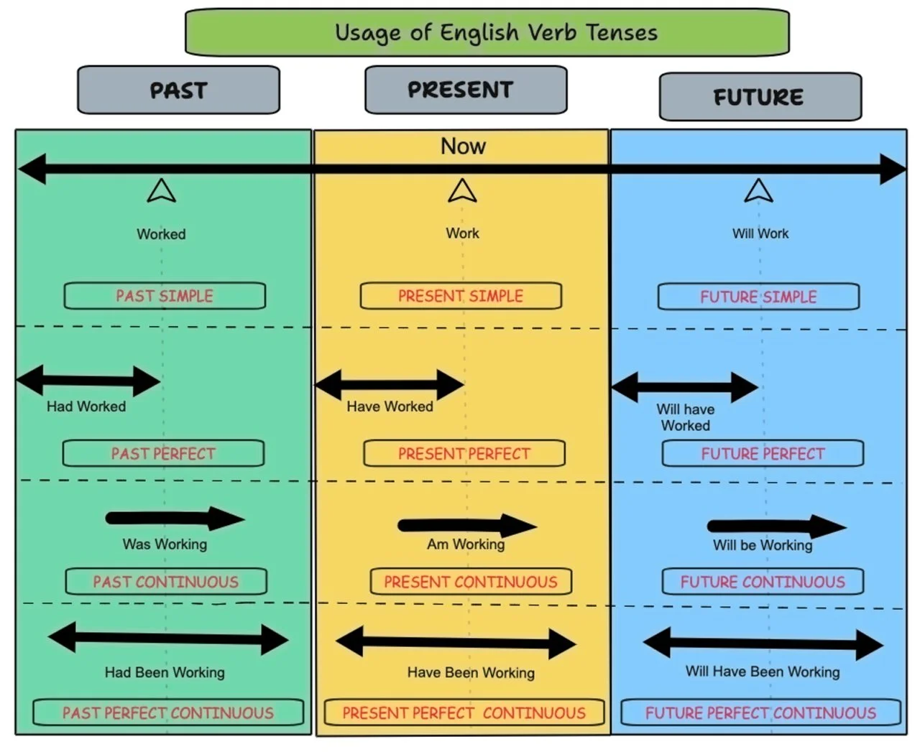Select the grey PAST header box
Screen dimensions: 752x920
178,90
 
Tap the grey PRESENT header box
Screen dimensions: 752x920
465,90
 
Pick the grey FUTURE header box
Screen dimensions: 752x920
760,96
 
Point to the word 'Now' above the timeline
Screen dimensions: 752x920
463,147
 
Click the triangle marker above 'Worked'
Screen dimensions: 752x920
161,191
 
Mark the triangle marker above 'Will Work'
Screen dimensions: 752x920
758,191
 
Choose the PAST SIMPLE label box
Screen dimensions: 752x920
165,296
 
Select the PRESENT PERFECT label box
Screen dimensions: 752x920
464,454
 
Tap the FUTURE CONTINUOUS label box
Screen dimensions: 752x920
762,582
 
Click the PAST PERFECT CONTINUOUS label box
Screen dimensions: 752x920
167,713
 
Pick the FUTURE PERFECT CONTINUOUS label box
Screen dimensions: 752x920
760,713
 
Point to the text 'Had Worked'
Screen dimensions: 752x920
86,407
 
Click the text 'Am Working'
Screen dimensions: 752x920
466,544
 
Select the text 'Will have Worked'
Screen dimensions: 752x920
686,417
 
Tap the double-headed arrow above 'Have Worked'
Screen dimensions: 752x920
390,385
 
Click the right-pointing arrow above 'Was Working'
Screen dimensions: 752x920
175,519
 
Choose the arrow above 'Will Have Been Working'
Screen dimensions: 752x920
763,644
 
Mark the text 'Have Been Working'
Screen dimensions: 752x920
471,673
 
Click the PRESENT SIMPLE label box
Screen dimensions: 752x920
461,296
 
